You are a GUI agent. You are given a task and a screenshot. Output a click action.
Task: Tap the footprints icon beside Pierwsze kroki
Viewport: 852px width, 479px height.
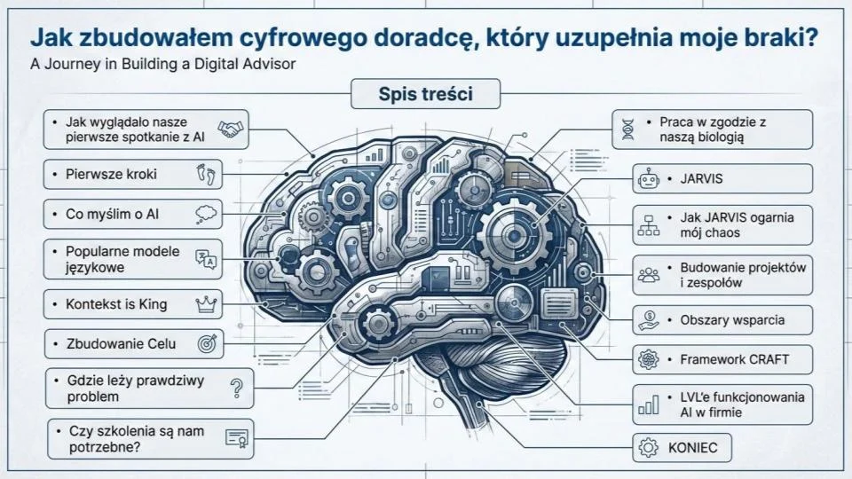pyautogui.click(x=206, y=174)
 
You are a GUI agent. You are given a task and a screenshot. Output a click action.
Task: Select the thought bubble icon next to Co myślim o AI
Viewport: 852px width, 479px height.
pyautogui.click(x=206, y=214)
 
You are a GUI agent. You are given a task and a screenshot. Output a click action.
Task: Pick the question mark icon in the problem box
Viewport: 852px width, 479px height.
pyautogui.click(x=236, y=388)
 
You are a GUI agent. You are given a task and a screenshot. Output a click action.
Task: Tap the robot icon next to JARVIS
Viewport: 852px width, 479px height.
pyautogui.click(x=645, y=179)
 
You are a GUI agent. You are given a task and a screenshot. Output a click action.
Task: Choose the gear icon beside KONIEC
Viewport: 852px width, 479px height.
pyautogui.click(x=648, y=447)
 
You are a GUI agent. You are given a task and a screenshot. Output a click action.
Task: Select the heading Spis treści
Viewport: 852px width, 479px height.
pyautogui.click(x=425, y=93)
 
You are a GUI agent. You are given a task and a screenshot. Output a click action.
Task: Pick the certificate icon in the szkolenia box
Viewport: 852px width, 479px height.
pyautogui.click(x=236, y=437)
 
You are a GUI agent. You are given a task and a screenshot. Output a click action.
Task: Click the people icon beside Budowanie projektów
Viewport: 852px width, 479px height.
pyautogui.click(x=648, y=275)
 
